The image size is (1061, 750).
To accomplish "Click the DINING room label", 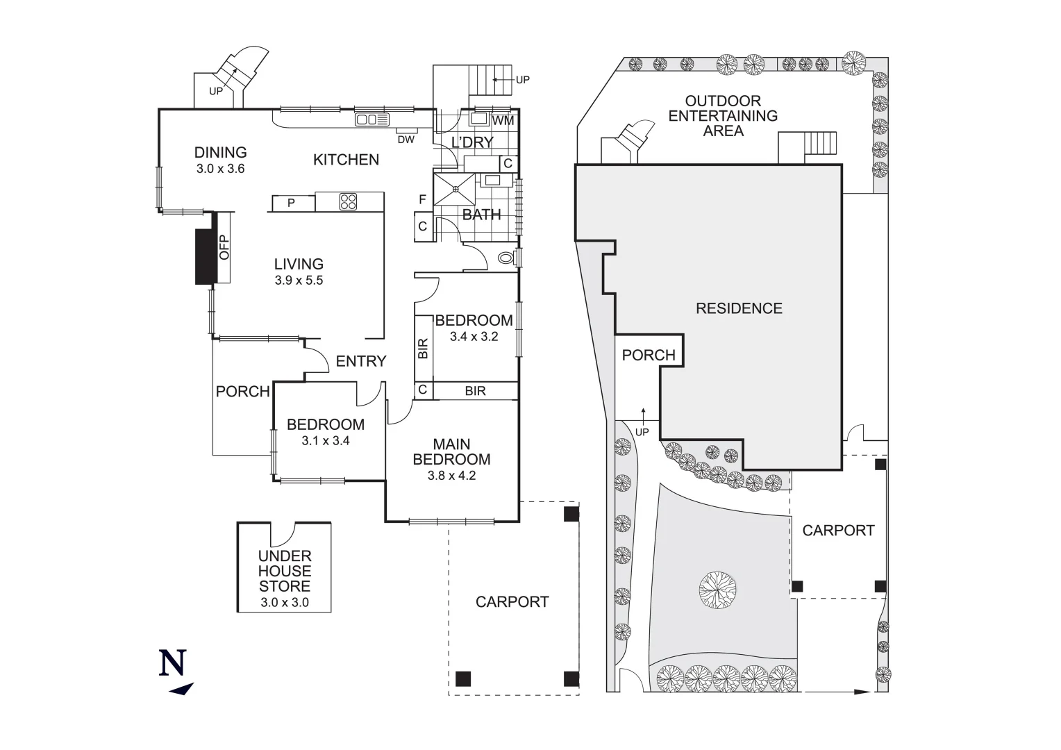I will (x=220, y=153).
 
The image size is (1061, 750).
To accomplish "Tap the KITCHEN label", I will (x=346, y=160).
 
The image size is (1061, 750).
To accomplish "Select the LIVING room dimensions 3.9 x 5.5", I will (x=299, y=281).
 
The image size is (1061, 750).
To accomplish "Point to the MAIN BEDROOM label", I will (x=451, y=451).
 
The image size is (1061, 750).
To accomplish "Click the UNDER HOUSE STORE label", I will (x=285, y=572).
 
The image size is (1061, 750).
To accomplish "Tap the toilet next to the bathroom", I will (x=508, y=259).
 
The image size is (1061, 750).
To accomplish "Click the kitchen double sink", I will (x=373, y=120).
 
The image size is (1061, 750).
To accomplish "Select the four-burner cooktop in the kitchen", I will (x=349, y=202).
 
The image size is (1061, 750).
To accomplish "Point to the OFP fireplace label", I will (x=224, y=248).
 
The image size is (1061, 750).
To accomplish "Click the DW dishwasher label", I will (x=406, y=139).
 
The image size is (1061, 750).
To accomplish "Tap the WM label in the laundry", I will (x=503, y=121).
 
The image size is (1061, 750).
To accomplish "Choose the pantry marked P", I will (x=292, y=203).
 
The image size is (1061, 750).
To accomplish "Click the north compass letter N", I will (x=173, y=662).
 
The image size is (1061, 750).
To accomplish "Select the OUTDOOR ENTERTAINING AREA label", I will (x=723, y=116).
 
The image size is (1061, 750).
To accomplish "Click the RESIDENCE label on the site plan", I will (x=739, y=308).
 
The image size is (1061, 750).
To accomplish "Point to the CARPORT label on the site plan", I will (x=838, y=531).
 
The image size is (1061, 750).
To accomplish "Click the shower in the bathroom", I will (x=453, y=187).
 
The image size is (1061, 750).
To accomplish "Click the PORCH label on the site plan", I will (x=649, y=356).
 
